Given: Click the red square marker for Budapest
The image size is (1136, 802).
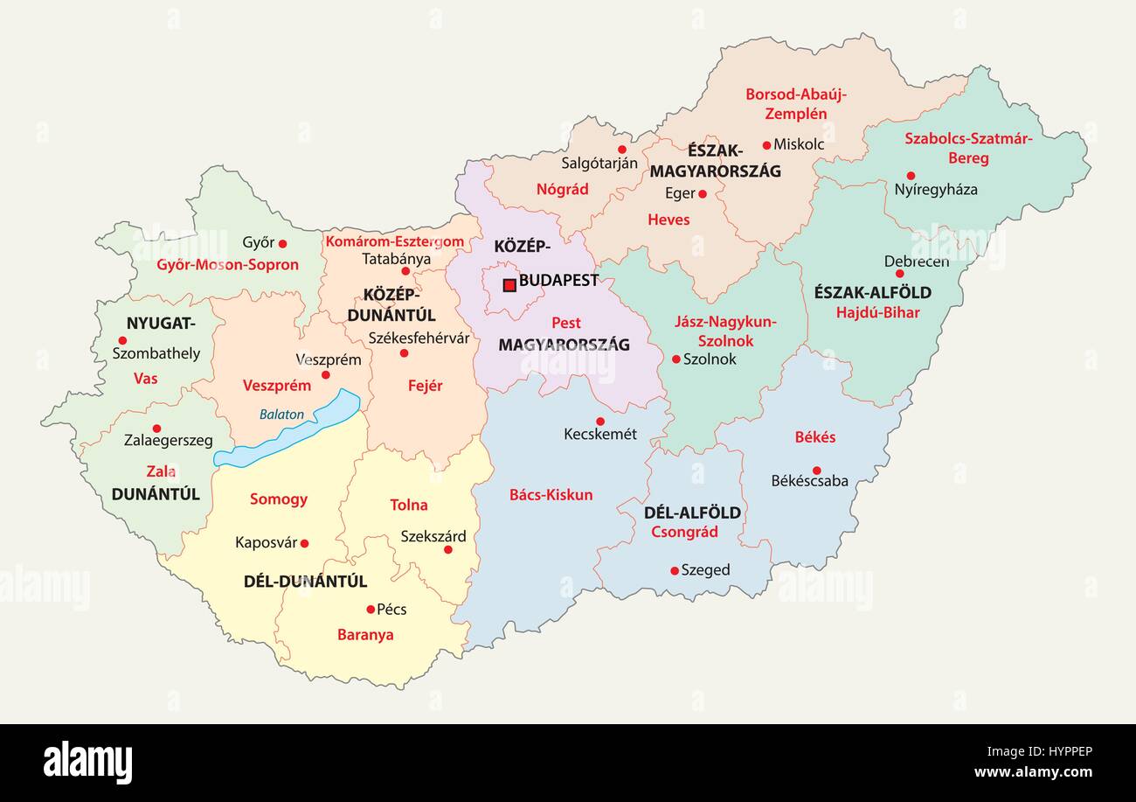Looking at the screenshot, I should point(509,284).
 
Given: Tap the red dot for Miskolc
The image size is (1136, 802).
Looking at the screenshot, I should point(766,145).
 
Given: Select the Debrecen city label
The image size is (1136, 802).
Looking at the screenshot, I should point(916,262).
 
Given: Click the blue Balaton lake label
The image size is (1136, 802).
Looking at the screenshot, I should point(281,415).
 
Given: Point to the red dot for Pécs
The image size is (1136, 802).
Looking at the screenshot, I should point(371,609).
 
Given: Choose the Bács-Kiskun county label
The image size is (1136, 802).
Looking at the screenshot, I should point(551,495).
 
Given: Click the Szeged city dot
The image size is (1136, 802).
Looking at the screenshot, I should point(674,570).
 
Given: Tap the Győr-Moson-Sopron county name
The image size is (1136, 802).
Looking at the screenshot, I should point(227,265).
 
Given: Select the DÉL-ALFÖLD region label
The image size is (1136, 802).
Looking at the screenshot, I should point(692,513).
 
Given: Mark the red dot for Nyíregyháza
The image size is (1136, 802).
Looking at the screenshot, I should point(910,176).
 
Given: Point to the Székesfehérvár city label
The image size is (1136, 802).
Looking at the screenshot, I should point(419,338).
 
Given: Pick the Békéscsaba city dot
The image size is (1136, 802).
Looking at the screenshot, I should point(816,471).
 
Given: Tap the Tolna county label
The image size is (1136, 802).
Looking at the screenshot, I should point(408,505).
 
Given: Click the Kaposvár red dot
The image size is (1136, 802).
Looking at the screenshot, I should point(304,543).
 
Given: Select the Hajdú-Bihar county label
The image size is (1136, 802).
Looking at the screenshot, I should point(877,312).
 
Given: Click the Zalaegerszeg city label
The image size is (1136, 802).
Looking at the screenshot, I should point(168,441).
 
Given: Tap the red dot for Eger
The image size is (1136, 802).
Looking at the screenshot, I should point(702,194).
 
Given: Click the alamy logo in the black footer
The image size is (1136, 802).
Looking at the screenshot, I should point(87,761).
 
